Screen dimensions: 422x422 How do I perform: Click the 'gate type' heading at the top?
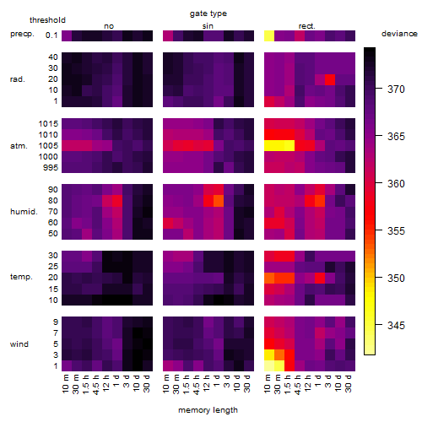point(208,14)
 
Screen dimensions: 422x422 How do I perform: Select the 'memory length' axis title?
point(208,410)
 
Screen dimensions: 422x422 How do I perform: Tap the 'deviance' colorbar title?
point(399,34)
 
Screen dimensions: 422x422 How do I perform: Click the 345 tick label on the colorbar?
point(396,326)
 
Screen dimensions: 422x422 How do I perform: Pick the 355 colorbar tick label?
point(396,231)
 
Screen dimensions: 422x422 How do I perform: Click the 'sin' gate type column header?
point(208,26)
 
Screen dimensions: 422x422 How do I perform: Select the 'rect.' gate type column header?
point(307,26)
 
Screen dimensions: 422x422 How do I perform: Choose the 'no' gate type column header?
point(109,26)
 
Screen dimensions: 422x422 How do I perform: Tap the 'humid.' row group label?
point(24,212)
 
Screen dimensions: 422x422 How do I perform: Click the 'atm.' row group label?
point(19,146)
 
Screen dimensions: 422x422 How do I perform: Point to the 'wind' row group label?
point(19,344)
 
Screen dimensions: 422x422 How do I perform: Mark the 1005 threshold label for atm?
point(48,146)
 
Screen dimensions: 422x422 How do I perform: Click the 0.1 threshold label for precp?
point(51,35)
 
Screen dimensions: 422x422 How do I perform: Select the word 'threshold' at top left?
point(47,20)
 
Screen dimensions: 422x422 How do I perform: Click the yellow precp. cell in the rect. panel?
point(269,35)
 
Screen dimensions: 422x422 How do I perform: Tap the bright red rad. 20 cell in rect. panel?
point(330,79)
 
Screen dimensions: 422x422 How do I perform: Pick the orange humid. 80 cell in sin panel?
point(219,201)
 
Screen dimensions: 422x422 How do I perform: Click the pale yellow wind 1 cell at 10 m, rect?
point(269,365)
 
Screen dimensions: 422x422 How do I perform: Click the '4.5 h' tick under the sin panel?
point(197,385)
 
